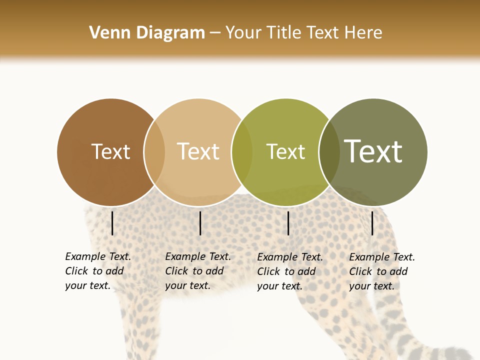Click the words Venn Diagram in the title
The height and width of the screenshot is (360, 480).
(147, 33)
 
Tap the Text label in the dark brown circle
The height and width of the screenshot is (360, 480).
(110, 151)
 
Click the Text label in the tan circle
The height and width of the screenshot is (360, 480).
(198, 151)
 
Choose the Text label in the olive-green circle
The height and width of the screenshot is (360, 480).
(285, 151)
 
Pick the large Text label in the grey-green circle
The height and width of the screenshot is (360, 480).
(373, 151)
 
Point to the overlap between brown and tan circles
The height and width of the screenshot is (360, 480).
(154, 152)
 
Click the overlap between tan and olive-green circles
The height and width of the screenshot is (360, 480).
(242, 152)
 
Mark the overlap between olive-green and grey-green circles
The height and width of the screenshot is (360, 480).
(329, 152)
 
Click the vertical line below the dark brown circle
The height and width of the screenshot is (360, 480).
(112, 223)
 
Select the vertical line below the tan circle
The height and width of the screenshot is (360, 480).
(200, 223)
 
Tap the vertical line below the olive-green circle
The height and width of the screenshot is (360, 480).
(288, 223)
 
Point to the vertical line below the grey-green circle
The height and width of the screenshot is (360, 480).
(372, 223)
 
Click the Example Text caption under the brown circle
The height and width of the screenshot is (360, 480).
(97, 271)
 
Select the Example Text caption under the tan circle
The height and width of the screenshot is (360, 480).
(197, 271)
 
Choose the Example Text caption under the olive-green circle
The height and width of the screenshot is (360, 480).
(289, 271)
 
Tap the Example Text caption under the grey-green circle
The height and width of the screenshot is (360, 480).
(381, 271)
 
